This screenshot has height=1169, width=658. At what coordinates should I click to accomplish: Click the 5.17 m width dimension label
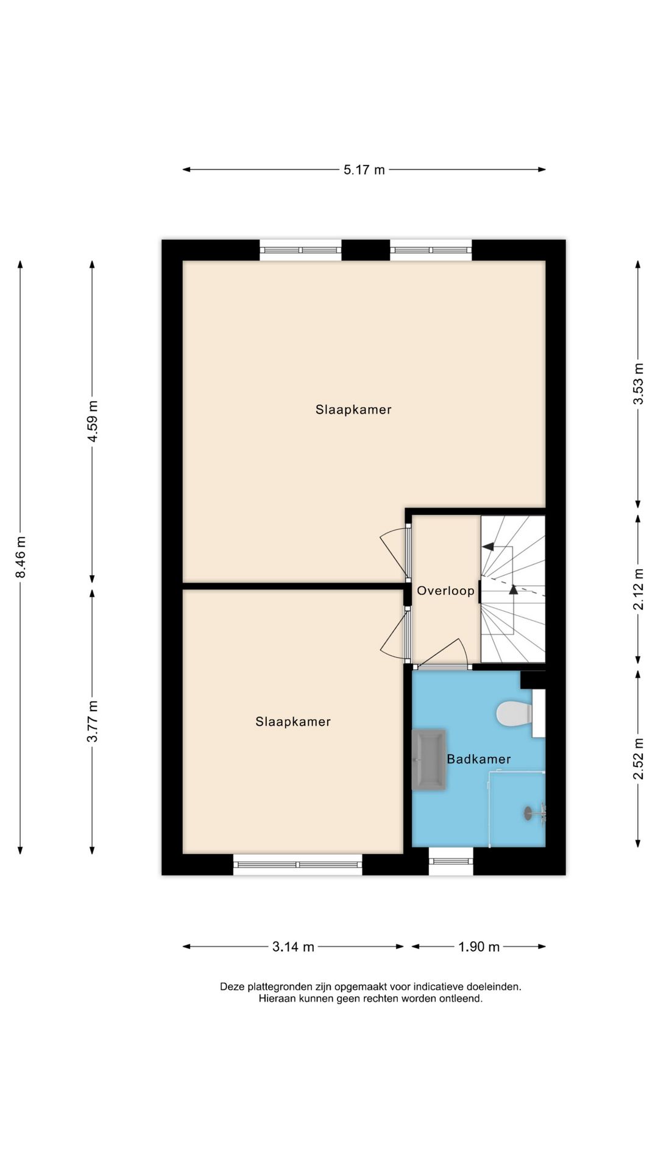(364, 170)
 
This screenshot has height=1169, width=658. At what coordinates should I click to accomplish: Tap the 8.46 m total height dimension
(21, 557)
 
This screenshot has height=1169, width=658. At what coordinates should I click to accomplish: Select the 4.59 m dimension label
(93, 422)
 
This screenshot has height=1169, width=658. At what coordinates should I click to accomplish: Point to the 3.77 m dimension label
(93, 721)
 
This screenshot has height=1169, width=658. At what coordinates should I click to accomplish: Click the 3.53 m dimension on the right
(638, 384)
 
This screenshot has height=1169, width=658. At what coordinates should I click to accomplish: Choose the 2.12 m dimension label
(638, 589)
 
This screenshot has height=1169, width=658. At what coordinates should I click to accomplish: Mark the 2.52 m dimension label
(638, 758)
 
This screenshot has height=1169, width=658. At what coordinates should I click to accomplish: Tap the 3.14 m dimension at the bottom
(293, 947)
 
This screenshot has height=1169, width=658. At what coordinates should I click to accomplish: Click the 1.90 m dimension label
(479, 947)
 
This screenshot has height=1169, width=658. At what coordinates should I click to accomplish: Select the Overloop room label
(445, 591)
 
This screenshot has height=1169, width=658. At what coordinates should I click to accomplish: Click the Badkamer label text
(479, 759)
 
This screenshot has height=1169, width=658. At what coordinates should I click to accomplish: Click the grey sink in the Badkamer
(429, 760)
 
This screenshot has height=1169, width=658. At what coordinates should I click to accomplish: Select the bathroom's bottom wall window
(451, 861)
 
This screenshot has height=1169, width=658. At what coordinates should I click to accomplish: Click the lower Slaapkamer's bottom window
(297, 864)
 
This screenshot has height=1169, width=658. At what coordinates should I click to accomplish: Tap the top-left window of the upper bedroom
(300, 250)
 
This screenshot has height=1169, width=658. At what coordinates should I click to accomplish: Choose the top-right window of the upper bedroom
(431, 250)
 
